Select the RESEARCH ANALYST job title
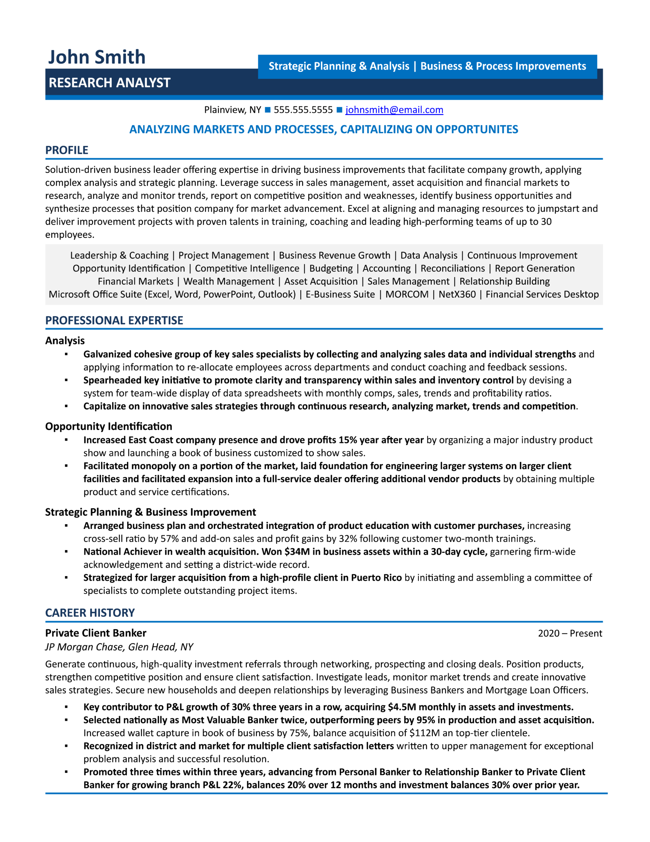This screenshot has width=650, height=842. tap(109, 83)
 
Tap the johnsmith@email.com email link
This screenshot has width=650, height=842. tap(394, 110)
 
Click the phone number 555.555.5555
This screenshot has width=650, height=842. tap(303, 110)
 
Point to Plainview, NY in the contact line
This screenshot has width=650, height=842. tap(232, 110)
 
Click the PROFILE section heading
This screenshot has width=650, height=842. tap(67, 150)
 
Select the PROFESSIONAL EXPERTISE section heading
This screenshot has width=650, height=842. tap(114, 320)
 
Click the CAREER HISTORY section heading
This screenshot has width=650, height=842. tap(90, 613)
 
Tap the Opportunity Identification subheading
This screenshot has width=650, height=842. tap(109, 426)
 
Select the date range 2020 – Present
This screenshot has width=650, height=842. tap(570, 633)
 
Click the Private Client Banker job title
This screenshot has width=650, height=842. tap(96, 633)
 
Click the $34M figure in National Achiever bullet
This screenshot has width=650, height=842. tap(297, 552)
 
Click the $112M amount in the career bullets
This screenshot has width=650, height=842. tap(424, 733)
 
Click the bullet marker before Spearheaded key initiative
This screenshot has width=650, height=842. tap(66, 380)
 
